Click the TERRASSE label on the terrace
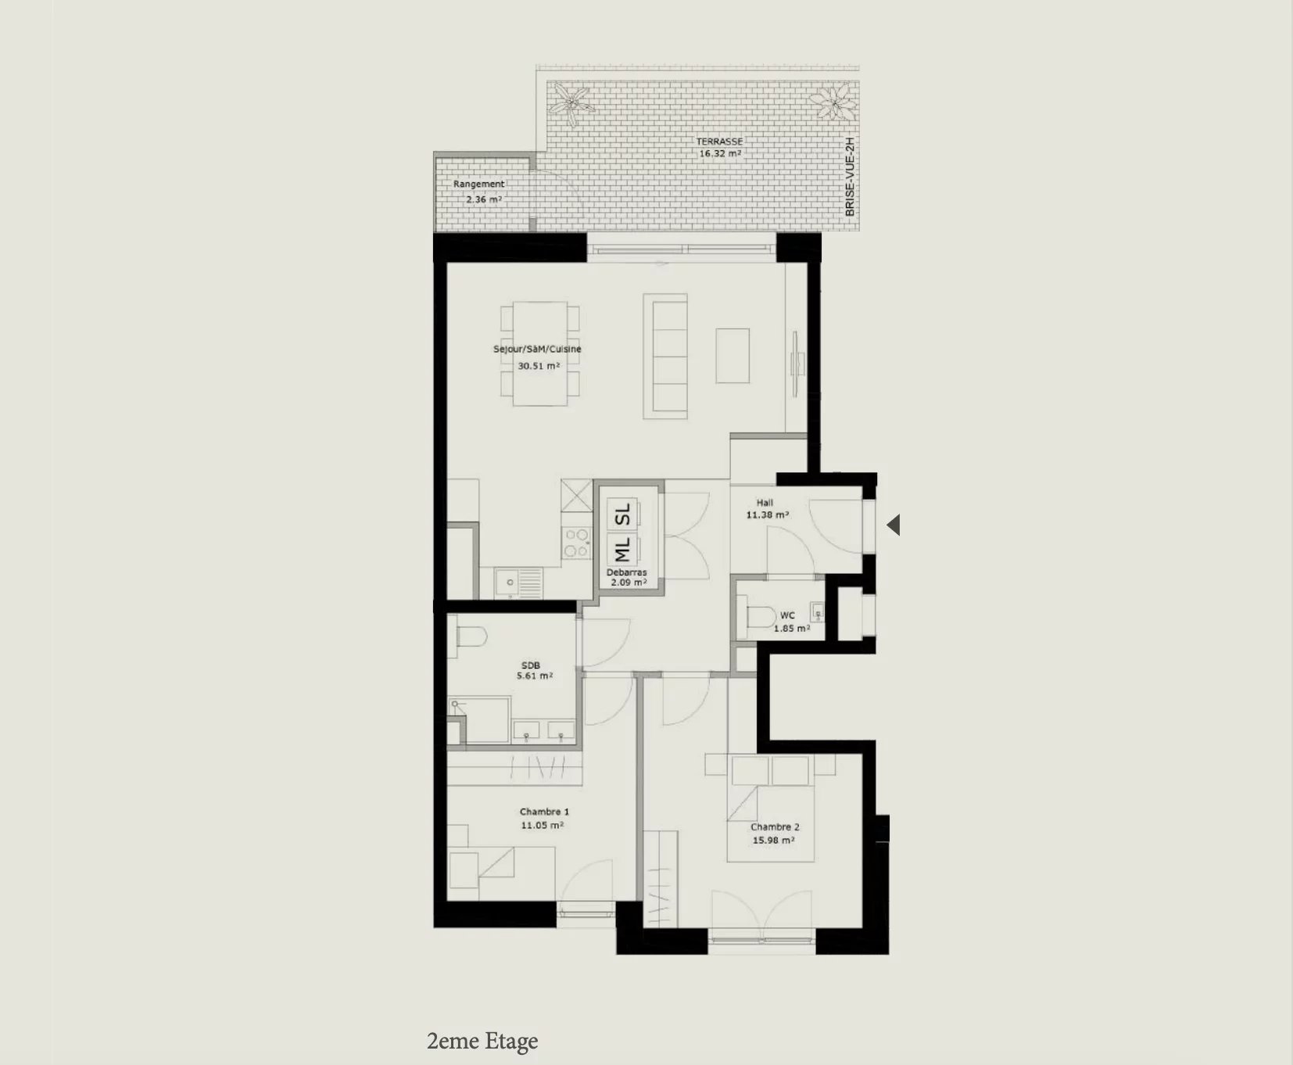click(719, 142)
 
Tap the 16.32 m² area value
click(719, 154)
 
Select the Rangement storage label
click(478, 185)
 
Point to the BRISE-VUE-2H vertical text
click(851, 177)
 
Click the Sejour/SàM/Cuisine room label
click(537, 350)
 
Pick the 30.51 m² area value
click(539, 366)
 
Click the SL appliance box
click(623, 515)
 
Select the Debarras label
click(627, 572)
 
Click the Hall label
click(765, 503)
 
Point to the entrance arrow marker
click(894, 525)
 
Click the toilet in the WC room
click(758, 615)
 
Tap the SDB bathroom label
click(531, 666)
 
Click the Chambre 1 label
click(544, 812)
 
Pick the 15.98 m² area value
click(773, 841)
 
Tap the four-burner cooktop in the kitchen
click(577, 543)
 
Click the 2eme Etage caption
click(482, 1042)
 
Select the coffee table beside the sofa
click(732, 356)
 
